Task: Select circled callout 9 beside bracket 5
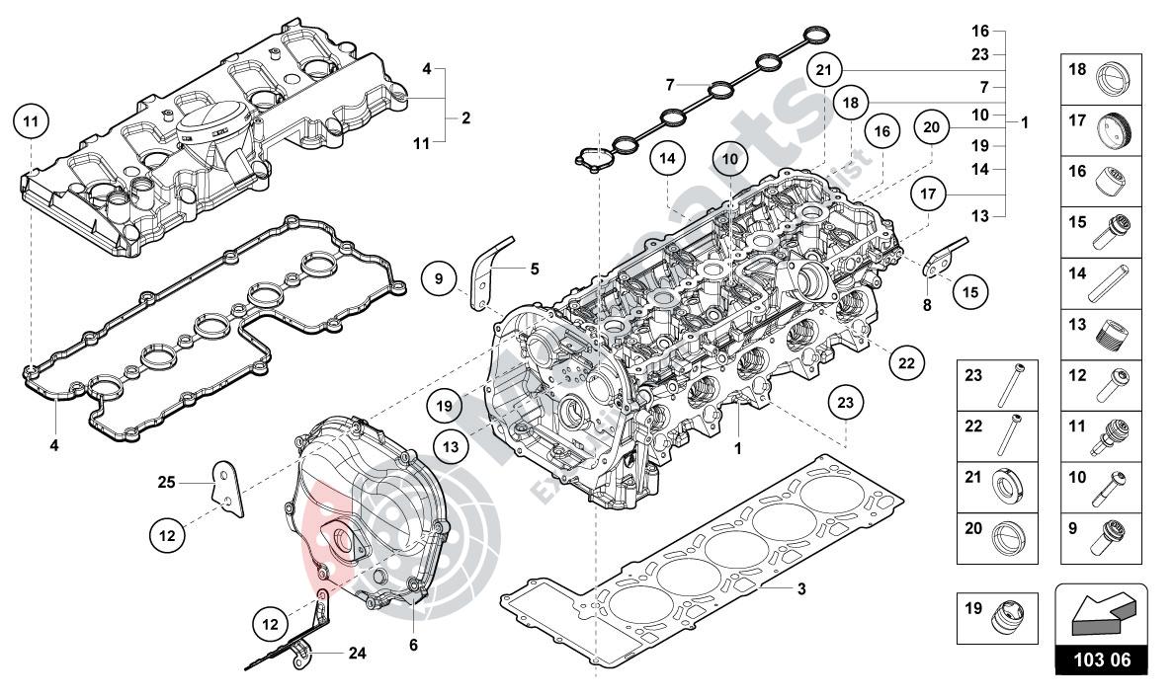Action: point(439,279)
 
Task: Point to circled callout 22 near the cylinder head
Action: point(906,362)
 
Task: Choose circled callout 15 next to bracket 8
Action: point(969,291)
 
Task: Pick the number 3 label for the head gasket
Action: point(801,589)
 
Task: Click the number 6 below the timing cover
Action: point(413,645)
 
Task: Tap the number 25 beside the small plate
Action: point(166,482)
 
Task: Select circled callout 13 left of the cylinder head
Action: point(450,446)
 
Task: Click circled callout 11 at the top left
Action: point(31,121)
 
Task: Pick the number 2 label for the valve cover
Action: point(465,117)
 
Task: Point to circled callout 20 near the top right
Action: point(930,126)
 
